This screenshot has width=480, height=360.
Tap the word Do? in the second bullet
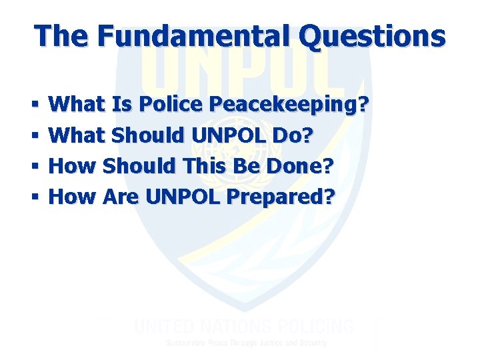pyautogui.click(x=291, y=135)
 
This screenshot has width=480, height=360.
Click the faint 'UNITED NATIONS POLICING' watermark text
pyautogui.click(x=244, y=327)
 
